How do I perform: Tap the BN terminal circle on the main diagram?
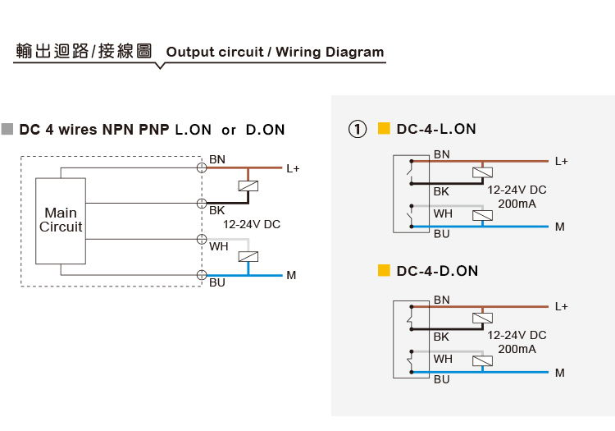pos(202,167)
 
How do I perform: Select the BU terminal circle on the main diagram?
pos(202,275)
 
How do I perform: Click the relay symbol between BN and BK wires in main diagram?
pos(248,186)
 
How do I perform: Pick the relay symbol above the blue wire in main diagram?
pos(248,257)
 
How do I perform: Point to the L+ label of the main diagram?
pos(293,169)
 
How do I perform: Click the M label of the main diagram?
pos(291,276)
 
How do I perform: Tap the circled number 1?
pos(358,129)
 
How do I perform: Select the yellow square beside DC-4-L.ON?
pos(384,128)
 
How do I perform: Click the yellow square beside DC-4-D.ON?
pos(384,270)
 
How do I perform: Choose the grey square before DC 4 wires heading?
pos(7,129)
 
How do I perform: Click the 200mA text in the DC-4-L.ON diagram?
pos(517,204)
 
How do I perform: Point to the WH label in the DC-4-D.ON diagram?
pos(443,359)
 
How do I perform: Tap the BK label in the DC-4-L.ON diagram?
pos(441,191)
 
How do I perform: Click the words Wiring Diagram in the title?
pos(330,53)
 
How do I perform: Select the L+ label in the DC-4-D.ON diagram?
pos(561,306)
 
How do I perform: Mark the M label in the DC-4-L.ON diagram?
pos(560,227)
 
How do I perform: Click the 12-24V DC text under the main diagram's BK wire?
pos(252,224)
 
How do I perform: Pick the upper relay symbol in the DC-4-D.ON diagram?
pos(482,318)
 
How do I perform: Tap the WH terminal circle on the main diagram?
pos(202,239)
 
